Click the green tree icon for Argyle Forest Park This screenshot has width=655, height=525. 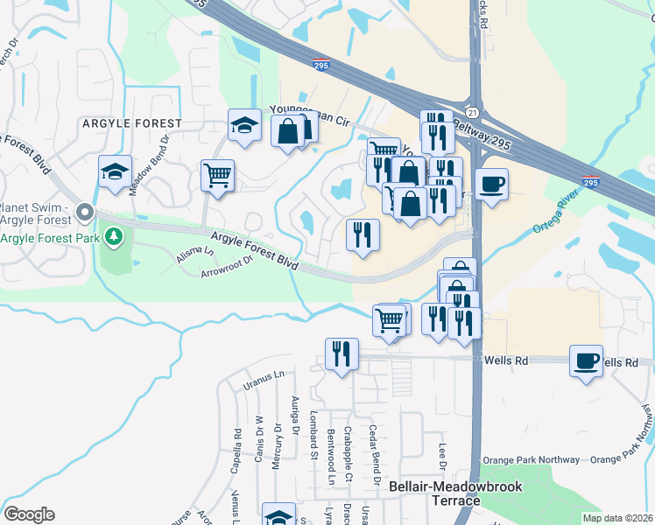pyautogui.click(x=113, y=236)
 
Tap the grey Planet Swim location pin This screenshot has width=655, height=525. pyautogui.click(x=84, y=212)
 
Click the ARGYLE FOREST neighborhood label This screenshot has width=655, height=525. pyautogui.click(x=132, y=123)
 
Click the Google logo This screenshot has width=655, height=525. pyautogui.click(x=29, y=514)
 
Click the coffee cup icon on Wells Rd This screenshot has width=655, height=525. pyautogui.click(x=586, y=360)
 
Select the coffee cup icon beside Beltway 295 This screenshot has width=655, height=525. pyautogui.click(x=492, y=184)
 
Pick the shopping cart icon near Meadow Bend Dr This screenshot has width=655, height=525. pyautogui.click(x=216, y=173)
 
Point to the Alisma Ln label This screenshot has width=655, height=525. pyautogui.click(x=196, y=252)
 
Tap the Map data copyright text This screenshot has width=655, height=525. pyautogui.click(x=618, y=518)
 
